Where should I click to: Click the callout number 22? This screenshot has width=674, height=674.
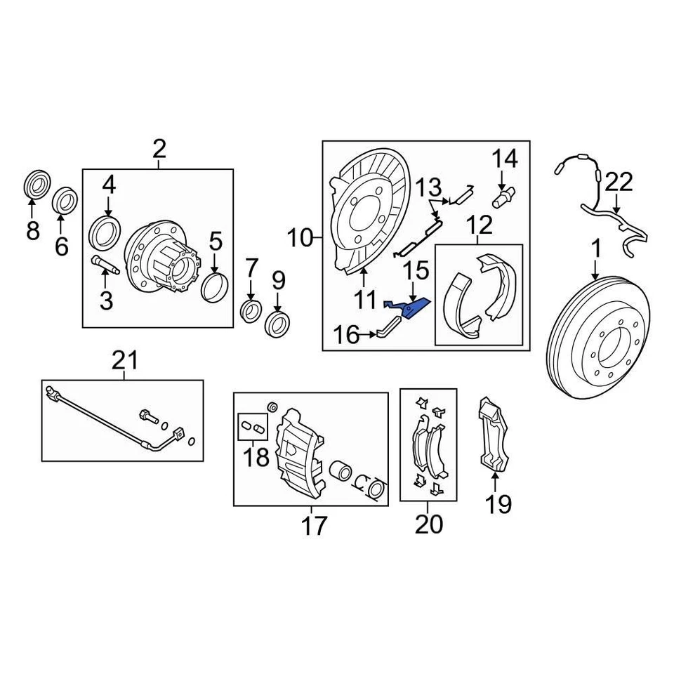[x=619, y=182]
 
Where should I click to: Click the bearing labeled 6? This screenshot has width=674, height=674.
[x=66, y=199]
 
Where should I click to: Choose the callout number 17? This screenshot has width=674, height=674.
[x=313, y=524]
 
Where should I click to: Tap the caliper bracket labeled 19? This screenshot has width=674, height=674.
[x=494, y=433]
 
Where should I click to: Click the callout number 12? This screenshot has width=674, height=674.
[x=480, y=227]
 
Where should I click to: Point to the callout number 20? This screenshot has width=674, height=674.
[x=428, y=523]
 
